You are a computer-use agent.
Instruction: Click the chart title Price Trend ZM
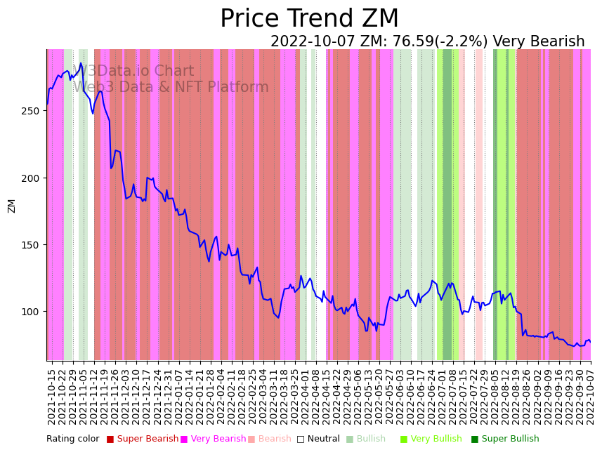pos(309,19)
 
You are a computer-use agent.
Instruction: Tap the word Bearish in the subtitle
pos(558,42)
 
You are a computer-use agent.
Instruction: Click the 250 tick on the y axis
pos(34,111)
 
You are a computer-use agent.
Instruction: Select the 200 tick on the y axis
pos(34,178)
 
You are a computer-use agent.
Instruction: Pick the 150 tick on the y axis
pos(34,245)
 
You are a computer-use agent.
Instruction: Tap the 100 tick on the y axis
pos(34,312)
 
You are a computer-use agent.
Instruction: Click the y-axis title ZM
pos(11,206)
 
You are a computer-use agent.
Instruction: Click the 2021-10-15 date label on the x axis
pos(51,396)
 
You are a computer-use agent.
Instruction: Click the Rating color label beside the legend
pos(73,439)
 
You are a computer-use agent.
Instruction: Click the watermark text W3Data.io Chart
pos(133,72)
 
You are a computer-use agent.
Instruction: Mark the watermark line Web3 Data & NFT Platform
pos(171,88)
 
